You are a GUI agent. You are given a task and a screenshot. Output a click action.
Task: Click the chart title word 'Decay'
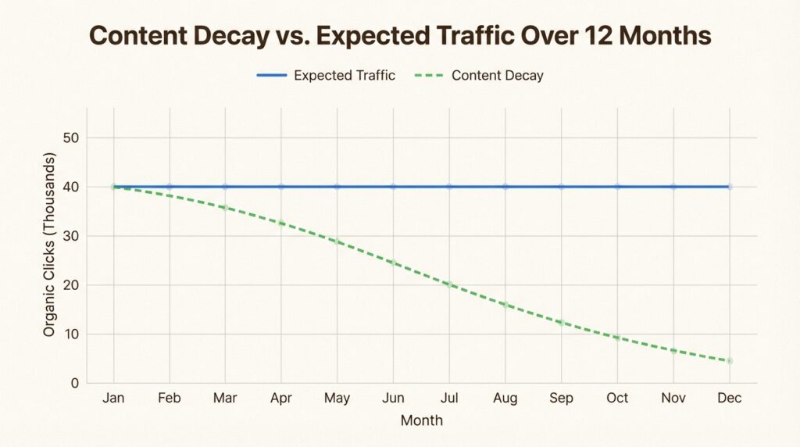click(231, 37)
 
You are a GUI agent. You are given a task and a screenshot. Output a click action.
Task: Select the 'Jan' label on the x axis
click(113, 399)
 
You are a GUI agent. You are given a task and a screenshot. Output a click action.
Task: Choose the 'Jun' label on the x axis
click(393, 399)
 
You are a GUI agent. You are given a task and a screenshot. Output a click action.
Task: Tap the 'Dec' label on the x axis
click(729, 399)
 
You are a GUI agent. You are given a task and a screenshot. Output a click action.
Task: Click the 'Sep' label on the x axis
click(561, 399)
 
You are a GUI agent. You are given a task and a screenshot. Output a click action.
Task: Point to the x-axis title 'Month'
click(421, 420)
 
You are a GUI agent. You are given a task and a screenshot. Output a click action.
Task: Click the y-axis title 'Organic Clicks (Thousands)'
click(49, 245)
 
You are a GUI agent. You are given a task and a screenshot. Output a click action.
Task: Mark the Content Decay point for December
click(729, 361)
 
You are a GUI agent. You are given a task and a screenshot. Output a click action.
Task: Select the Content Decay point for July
click(449, 284)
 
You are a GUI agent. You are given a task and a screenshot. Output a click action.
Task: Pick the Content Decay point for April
click(281, 223)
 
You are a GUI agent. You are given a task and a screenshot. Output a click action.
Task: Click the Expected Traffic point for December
click(729, 187)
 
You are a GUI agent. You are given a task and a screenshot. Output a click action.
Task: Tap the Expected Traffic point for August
click(505, 187)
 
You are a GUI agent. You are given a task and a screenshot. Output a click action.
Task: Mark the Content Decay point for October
click(617, 338)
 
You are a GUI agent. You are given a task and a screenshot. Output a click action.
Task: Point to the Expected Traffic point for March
click(225, 187)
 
